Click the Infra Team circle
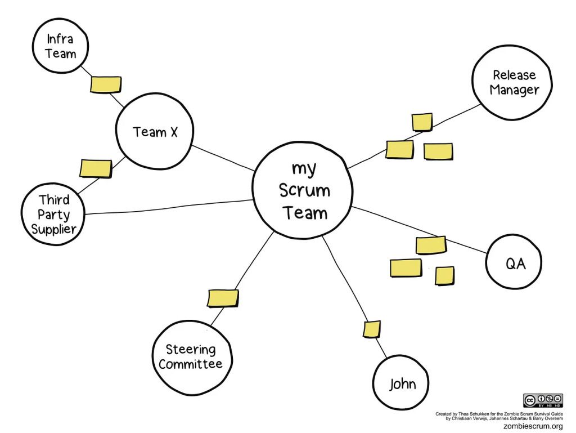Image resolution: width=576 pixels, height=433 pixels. [60, 46]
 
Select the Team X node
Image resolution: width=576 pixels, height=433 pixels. [155, 132]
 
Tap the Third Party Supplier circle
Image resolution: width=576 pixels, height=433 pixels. [53, 215]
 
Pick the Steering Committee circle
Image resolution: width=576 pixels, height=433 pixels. [191, 358]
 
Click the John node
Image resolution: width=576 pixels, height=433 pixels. [403, 383]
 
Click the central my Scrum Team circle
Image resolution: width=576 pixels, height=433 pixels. [304, 190]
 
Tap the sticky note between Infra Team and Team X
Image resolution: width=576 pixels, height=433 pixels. [106, 84]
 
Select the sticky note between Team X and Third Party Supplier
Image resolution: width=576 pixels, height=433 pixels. [96, 168]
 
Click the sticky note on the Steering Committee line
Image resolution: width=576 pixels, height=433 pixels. [223, 298]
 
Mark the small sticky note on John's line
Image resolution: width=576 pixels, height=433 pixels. [371, 329]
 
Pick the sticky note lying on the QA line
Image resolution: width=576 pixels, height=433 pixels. [431, 245]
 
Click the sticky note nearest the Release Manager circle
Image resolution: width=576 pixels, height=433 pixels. [422, 122]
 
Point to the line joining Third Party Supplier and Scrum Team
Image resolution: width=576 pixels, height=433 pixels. [169, 207]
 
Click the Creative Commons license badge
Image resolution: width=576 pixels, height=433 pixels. [543, 400]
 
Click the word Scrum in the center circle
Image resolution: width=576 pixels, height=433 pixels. [304, 190]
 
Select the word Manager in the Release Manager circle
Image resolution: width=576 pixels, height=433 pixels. [514, 90]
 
